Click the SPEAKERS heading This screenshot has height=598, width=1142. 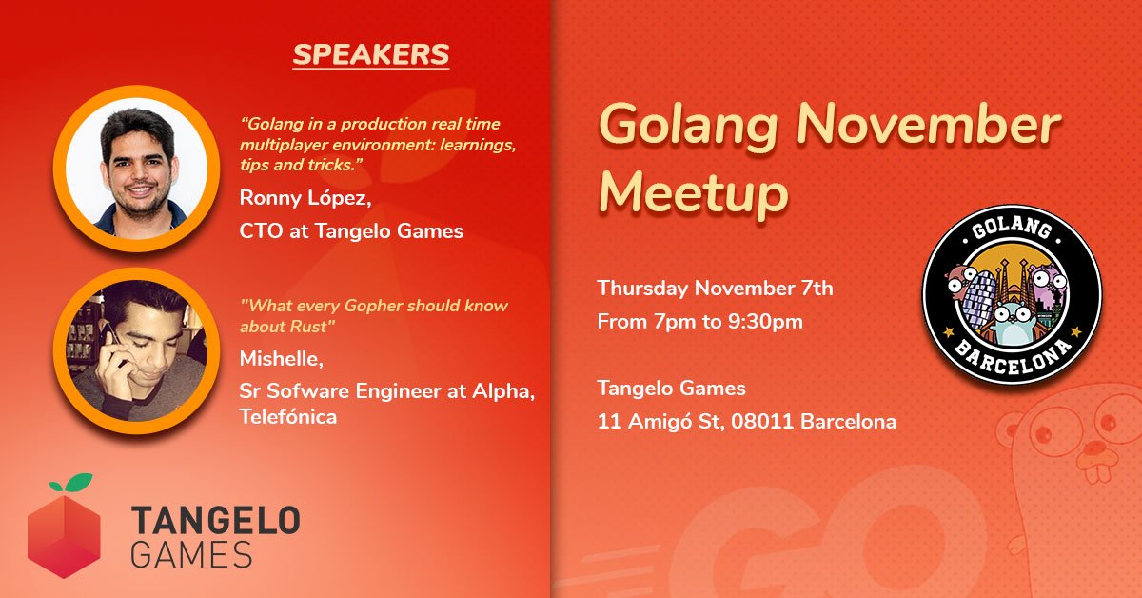pyautogui.click(x=370, y=54)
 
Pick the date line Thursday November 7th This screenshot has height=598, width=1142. pyautogui.click(x=715, y=289)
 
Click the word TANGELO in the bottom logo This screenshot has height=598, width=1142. pyautogui.click(x=215, y=521)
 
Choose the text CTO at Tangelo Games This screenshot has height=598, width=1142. pyautogui.click(x=351, y=230)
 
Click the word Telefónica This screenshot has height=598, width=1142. pyautogui.click(x=288, y=417)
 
